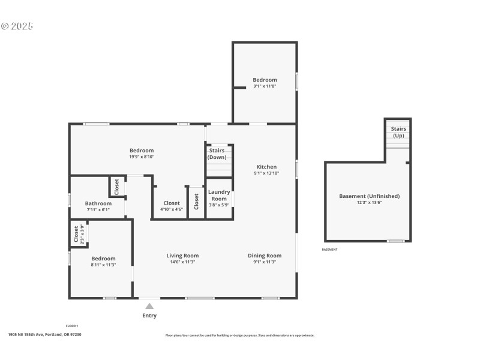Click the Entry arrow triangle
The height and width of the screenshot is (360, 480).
pos(149,306)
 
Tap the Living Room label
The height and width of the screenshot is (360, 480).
pos(182,256)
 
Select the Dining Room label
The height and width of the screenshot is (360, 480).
pos(265,256)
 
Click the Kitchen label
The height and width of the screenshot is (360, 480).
pos(266,167)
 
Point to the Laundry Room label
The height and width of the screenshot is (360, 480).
pos(219,195)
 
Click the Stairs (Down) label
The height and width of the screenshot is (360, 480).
pos(217,154)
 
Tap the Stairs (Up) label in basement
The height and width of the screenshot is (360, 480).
pos(398,132)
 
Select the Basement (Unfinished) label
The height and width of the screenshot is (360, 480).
pos(369,196)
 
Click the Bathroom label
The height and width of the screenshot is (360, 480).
pos(98,203)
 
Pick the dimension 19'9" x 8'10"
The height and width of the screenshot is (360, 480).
pos(142,157)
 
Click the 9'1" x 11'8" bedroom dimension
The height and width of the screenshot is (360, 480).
pos(265,86)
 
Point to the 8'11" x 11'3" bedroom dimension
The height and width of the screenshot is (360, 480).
pos(103,265)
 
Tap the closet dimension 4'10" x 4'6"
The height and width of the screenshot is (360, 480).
pos(172,209)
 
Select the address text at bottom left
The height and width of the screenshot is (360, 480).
pos(45,335)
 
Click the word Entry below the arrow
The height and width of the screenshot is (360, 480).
pos(149,316)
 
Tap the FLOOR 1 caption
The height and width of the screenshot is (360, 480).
pos(72,326)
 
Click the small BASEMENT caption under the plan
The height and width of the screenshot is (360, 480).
pos(329,250)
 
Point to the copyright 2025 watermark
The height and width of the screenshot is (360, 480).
pos(17,26)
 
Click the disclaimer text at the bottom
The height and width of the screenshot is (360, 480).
pos(240,335)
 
